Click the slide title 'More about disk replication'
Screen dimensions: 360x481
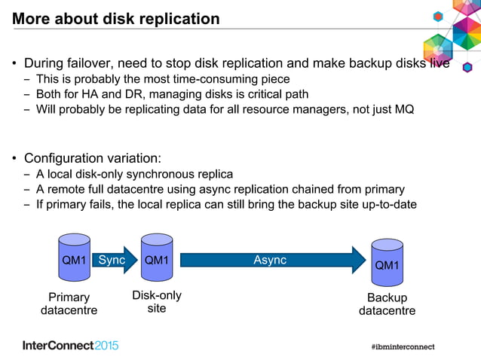[x=116, y=19]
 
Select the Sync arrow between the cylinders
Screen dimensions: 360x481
[x=112, y=261]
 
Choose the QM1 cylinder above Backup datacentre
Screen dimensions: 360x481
[x=387, y=263]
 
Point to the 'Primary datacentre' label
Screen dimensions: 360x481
[x=69, y=304]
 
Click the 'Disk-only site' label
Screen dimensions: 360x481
[x=157, y=302]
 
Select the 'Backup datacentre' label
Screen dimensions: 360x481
[x=387, y=304]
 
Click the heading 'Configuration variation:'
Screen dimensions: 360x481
[x=93, y=158]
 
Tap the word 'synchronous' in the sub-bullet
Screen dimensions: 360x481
[x=164, y=174]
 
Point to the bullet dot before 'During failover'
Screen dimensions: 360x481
[x=14, y=64]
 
